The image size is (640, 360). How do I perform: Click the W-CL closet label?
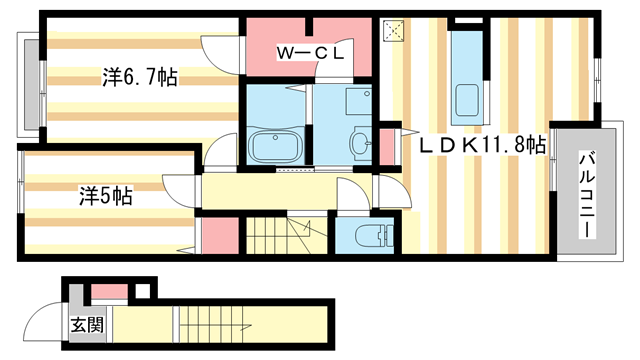[310, 53]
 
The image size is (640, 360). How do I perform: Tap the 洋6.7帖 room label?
[140, 77]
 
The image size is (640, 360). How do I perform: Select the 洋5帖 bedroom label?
[106, 196]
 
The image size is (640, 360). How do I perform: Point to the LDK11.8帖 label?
[483, 144]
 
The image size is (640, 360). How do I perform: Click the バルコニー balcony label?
[587, 194]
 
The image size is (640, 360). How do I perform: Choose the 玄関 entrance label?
[87, 325]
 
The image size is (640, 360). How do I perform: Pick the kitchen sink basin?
[467, 100]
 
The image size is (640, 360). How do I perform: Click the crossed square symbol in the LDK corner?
[393, 31]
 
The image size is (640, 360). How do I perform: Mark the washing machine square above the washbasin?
[359, 102]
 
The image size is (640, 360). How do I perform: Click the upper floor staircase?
[287, 234]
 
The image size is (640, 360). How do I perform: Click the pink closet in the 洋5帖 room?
[220, 235]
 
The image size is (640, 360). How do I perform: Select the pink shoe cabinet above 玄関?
[109, 291]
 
